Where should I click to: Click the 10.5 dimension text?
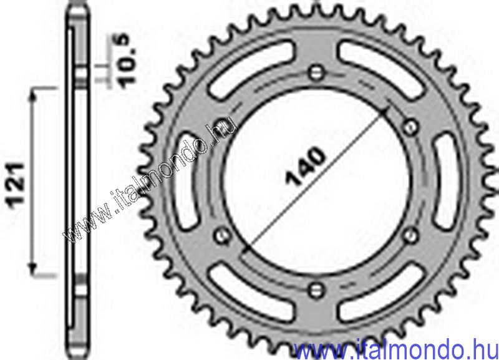click(x=126, y=61)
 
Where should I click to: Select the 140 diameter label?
click(x=306, y=166)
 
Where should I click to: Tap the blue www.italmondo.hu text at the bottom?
click(x=396, y=349)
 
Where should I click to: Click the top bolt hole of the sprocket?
click(x=316, y=72)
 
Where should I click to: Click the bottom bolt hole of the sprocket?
click(x=316, y=289)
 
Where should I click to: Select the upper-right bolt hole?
click(x=410, y=127)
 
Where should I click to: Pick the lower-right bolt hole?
click(x=410, y=235)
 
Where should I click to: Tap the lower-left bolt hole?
click(x=221, y=235)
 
